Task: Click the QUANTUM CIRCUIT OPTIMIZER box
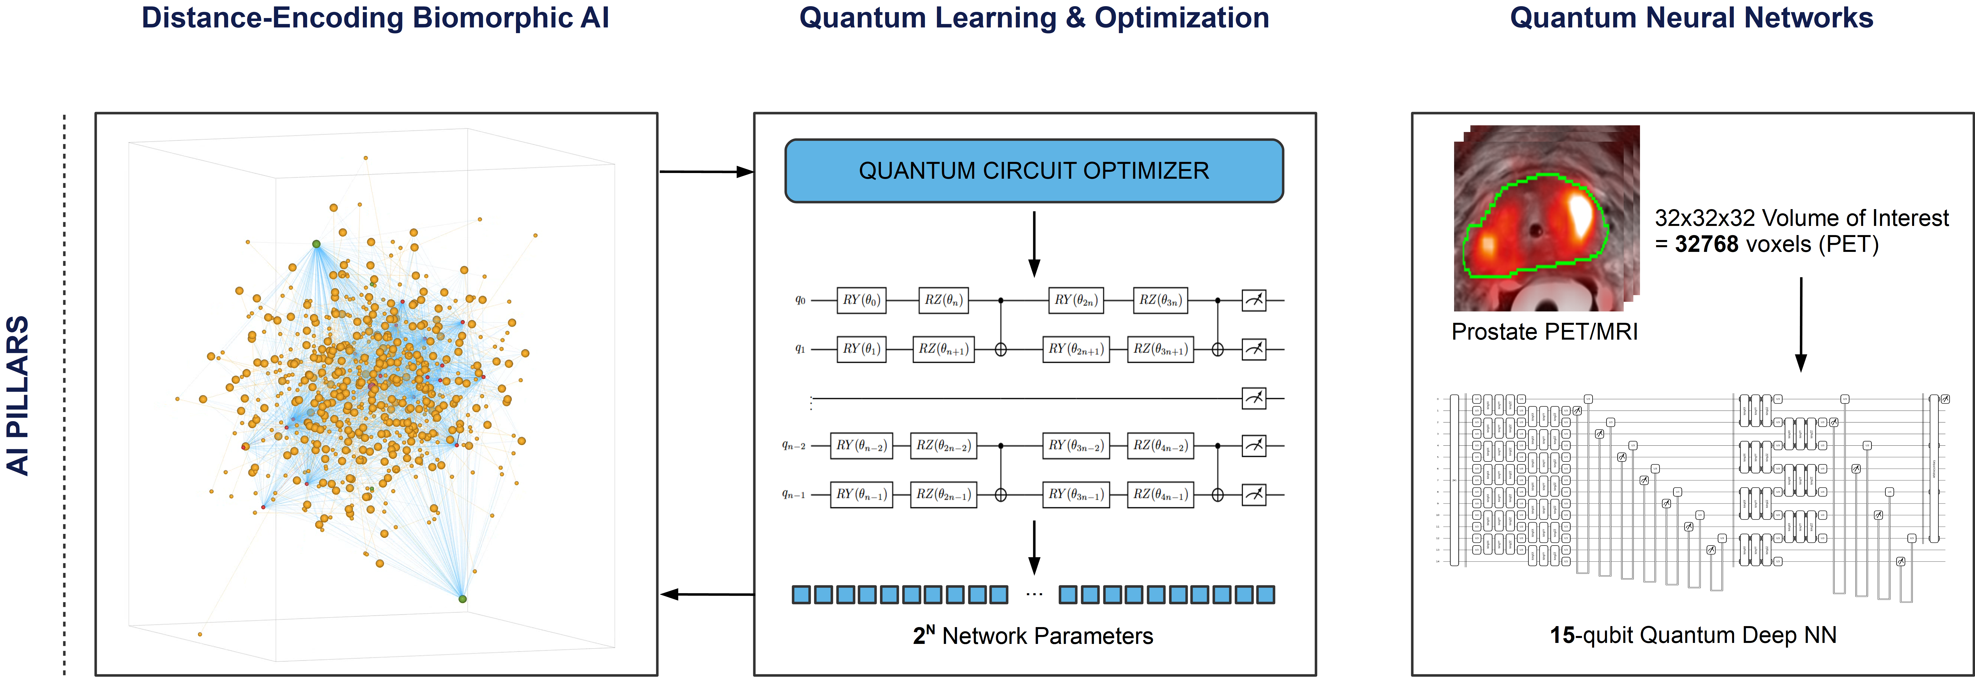pos(1033,170)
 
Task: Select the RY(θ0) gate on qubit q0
pos(861,300)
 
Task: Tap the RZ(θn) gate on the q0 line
pos(943,300)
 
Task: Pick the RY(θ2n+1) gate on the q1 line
pos(1076,349)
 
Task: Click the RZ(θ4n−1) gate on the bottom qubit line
pos(1161,495)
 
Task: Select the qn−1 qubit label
pos(793,495)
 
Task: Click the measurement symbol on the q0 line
pos(1254,300)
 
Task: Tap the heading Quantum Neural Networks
pos(1691,18)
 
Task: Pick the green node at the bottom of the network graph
pos(462,598)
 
